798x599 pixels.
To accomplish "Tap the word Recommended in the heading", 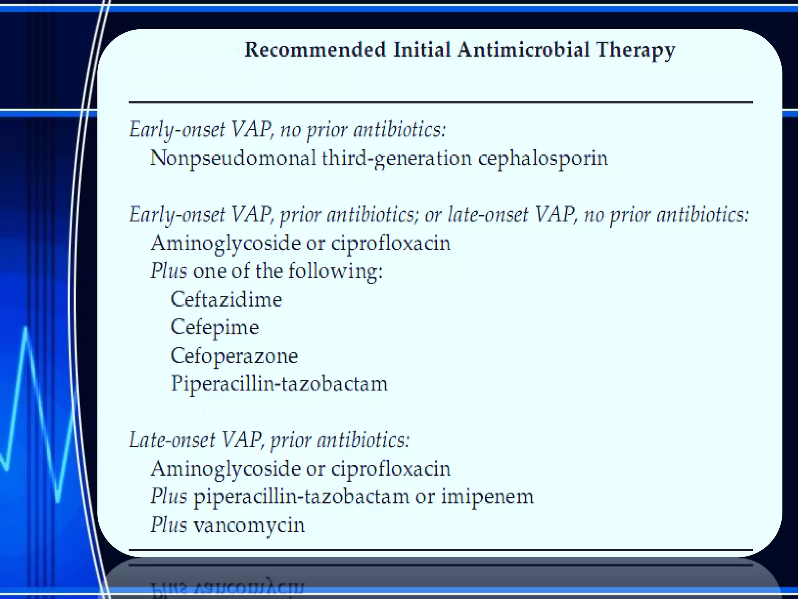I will (315, 50).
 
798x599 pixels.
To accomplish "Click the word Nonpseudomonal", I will (233, 159).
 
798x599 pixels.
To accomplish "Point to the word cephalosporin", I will (543, 159).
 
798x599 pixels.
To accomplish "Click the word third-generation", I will (397, 159).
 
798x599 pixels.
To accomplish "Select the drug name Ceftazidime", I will (226, 299).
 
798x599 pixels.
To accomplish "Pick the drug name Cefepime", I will (215, 327).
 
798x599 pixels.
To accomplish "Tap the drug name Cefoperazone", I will (234, 356).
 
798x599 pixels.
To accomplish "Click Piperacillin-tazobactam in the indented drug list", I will (279, 384).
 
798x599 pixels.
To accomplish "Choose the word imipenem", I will (487, 497).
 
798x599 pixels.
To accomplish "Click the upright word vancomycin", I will (249, 525).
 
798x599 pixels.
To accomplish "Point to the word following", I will (335, 271).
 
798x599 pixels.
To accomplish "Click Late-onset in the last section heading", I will (171, 440).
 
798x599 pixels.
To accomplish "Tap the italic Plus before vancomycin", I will (169, 525).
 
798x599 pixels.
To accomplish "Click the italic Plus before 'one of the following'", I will (169, 271).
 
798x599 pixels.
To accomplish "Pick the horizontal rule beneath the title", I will (440, 103).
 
